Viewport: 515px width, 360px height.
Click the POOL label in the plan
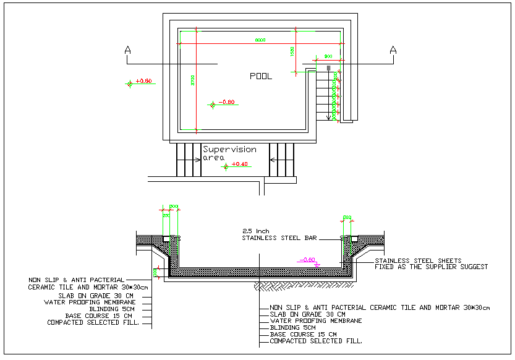pos(260,77)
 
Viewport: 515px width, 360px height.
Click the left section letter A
pos(127,50)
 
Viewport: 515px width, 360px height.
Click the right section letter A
pos(393,50)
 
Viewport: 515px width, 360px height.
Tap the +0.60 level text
pos(143,81)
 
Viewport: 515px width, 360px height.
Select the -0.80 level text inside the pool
pos(227,102)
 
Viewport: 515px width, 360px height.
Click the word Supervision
pos(229,149)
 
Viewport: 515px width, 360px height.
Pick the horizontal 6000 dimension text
pos(260,40)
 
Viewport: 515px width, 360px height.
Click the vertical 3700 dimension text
pos(193,80)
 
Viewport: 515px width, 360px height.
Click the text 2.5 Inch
pos(257,231)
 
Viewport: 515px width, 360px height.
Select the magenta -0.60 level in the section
pos(307,260)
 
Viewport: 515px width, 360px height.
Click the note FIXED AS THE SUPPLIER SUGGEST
pos(431,267)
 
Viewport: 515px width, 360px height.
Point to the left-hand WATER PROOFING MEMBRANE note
pos(90,302)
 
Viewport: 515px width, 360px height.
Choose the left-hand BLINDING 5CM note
pos(112,309)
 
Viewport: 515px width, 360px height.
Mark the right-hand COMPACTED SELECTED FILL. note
pos(316,341)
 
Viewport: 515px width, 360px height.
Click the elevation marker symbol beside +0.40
pos(226,166)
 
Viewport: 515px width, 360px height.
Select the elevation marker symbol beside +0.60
pos(129,83)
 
